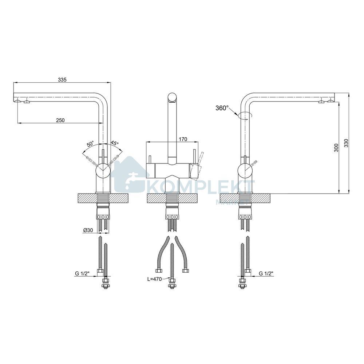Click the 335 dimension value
(x=62, y=80)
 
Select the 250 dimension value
(x=60, y=120)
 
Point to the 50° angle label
(x=90, y=144)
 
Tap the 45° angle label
(x=114, y=143)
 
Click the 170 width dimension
(x=183, y=139)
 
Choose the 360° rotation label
(x=222, y=108)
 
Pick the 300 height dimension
(x=336, y=147)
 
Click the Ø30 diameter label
(x=88, y=230)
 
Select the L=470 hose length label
(x=154, y=279)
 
